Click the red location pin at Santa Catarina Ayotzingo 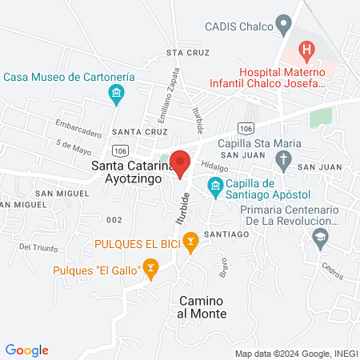pos(180,162)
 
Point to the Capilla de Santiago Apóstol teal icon pos(214,189)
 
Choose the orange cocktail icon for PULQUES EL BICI pos(190,239)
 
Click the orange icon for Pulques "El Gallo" pos(150,270)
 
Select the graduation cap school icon pos(320,237)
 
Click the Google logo pos(27,350)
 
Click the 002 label pos(114,219)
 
